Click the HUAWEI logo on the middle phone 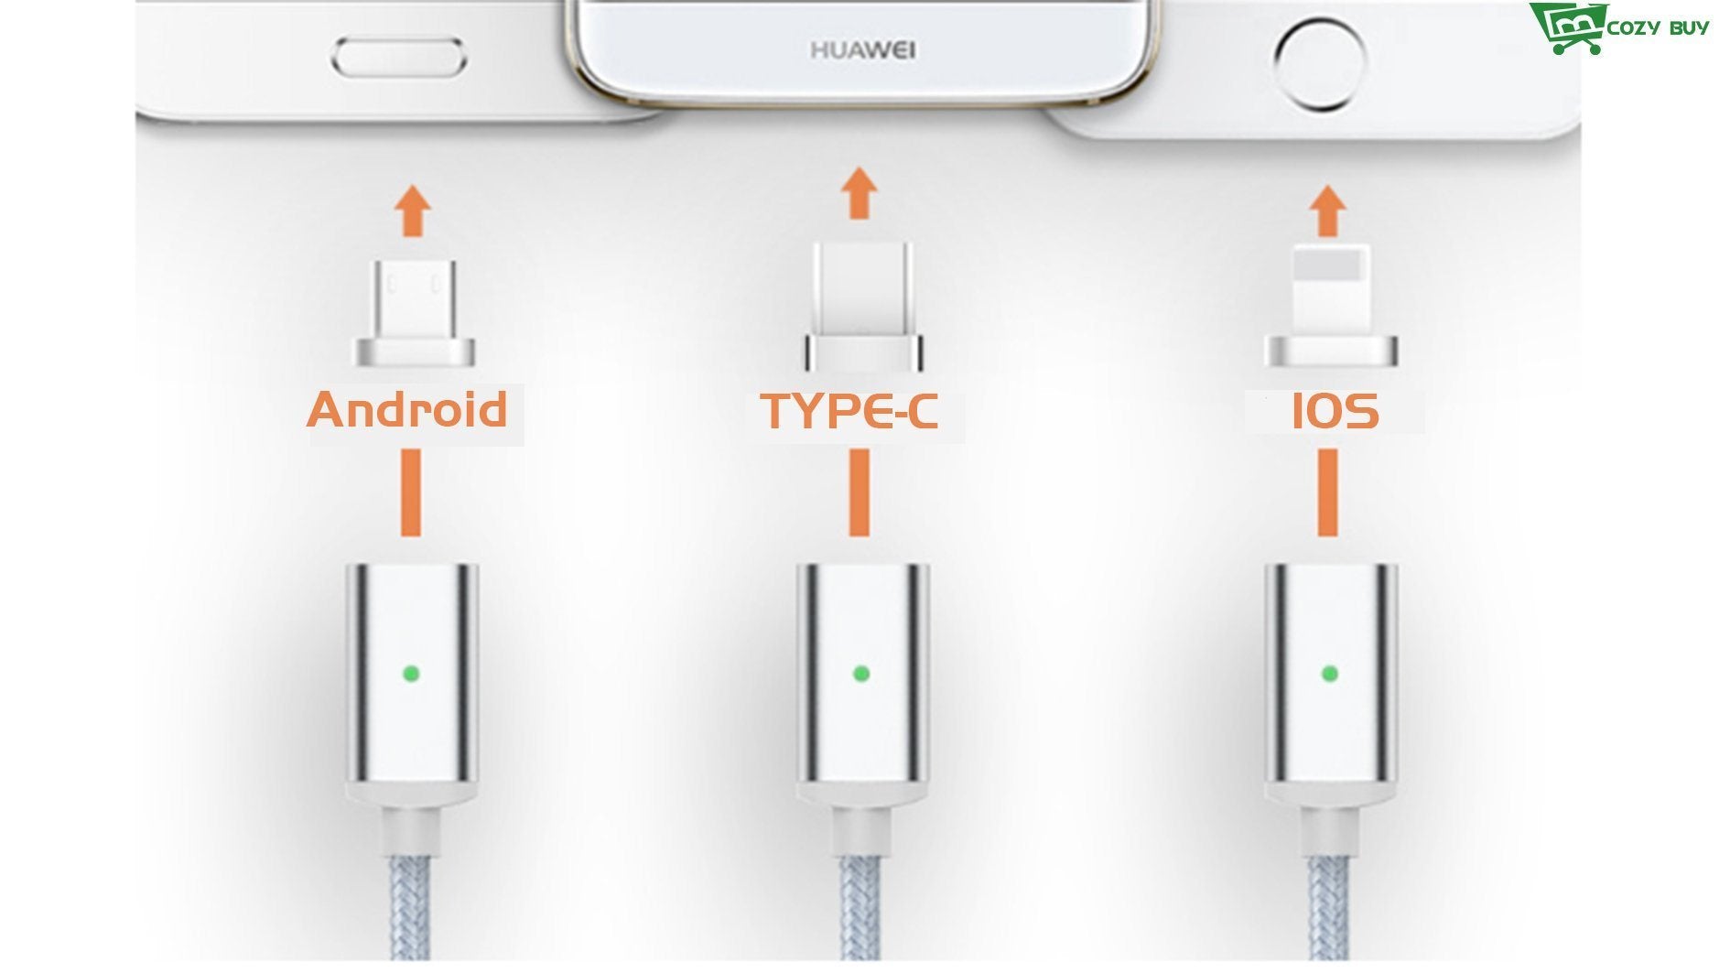point(862,49)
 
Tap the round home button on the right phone point(1319,63)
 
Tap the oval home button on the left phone point(398,59)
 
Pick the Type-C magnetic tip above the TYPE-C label point(863,307)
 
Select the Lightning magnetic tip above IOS point(1331,307)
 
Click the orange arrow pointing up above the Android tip point(413,211)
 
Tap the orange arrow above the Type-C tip point(858,193)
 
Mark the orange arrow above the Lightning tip point(1327,211)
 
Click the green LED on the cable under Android point(411,675)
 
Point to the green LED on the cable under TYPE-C point(860,675)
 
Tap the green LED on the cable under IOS point(1330,675)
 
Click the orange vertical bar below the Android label point(411,492)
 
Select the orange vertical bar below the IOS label point(1327,492)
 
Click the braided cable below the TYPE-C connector point(861,910)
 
